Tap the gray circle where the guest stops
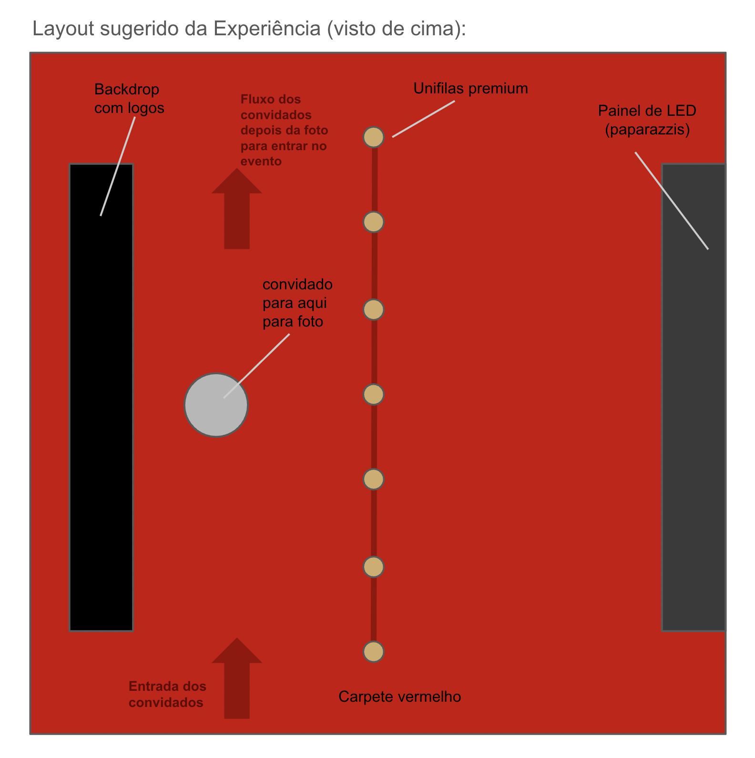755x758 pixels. [216, 405]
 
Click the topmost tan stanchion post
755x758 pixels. [374, 137]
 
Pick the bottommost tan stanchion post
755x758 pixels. [374, 652]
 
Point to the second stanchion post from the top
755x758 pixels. [374, 222]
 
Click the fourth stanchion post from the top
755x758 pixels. [374, 395]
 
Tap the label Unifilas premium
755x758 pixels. [470, 89]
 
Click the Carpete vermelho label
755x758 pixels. [399, 697]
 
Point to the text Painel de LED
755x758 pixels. [647, 111]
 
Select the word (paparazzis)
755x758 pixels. [647, 130]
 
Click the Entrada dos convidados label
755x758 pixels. [167, 694]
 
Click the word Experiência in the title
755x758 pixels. [267, 29]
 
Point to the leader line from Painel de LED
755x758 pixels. [672, 201]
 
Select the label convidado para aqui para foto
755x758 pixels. [297, 303]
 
